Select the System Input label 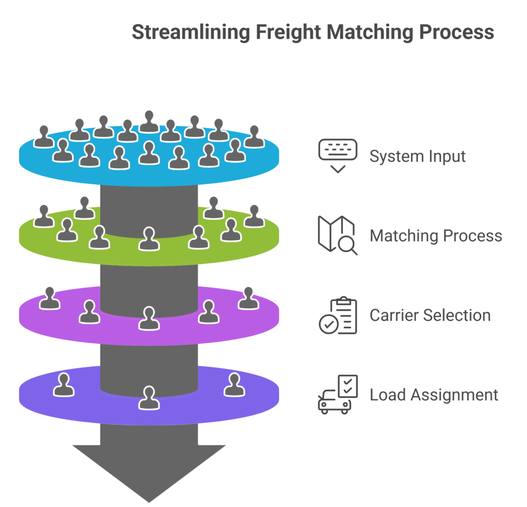[x=417, y=156]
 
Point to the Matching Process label [x=436, y=236]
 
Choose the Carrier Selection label [x=430, y=315]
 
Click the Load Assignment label [x=434, y=395]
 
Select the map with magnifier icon [x=337, y=235]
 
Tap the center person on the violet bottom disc [x=149, y=398]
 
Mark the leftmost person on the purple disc [x=50, y=299]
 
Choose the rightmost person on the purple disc [x=249, y=299]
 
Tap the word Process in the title [x=456, y=32]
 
